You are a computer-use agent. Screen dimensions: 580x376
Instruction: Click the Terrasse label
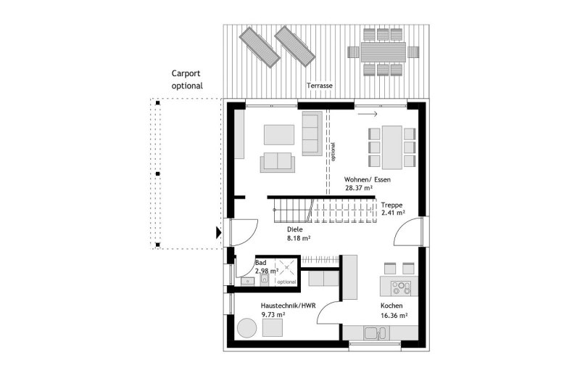pos(320,86)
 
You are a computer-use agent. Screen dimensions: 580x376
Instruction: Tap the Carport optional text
pos(187,80)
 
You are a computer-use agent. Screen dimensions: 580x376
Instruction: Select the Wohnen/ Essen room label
pos(368,180)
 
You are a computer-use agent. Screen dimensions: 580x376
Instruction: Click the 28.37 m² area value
pos(358,188)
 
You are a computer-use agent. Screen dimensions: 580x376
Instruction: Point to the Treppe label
pos(391,205)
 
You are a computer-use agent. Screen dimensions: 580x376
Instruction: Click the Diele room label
pos(295,229)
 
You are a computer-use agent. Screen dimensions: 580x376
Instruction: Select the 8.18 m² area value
pos(299,238)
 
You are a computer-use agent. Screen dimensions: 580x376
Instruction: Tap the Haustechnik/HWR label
pos(288,306)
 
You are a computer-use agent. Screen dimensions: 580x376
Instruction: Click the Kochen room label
pos(391,306)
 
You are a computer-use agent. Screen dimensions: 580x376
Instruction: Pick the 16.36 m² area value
pos(394,316)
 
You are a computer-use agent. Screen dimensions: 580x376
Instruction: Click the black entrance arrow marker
pos(219,232)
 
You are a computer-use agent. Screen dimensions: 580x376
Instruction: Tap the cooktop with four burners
pos(401,288)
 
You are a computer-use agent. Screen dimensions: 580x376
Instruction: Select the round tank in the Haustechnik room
pos(246,328)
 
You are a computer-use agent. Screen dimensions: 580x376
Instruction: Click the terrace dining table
pos(383,52)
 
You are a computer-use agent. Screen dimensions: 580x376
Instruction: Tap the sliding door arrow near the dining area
pos(368,114)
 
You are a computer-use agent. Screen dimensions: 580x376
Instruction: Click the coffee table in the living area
pos(279,135)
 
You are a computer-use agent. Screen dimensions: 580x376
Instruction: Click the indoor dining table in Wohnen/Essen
pos(392,147)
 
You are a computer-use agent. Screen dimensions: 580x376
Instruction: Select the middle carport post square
pos(158,173)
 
